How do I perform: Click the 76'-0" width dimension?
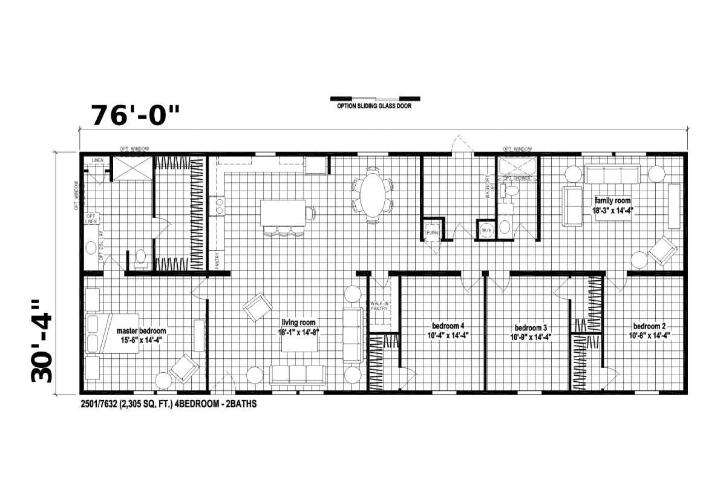pyautogui.click(x=136, y=114)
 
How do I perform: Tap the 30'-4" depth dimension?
pyautogui.click(x=42, y=341)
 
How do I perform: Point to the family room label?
pyautogui.click(x=612, y=205)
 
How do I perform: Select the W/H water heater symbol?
pyautogui.click(x=486, y=231)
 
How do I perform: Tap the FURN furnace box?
pyautogui.click(x=433, y=233)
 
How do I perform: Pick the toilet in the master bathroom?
pyautogui.click(x=140, y=257)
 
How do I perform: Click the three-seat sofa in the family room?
pyautogui.click(x=612, y=175)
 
